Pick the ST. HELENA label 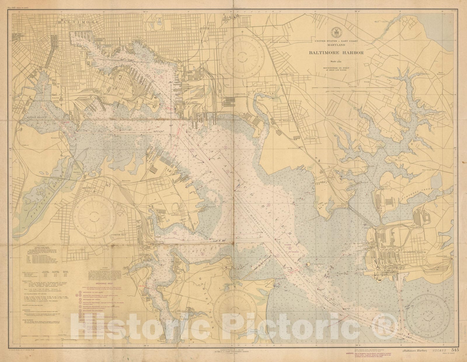click(x=284, y=120)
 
